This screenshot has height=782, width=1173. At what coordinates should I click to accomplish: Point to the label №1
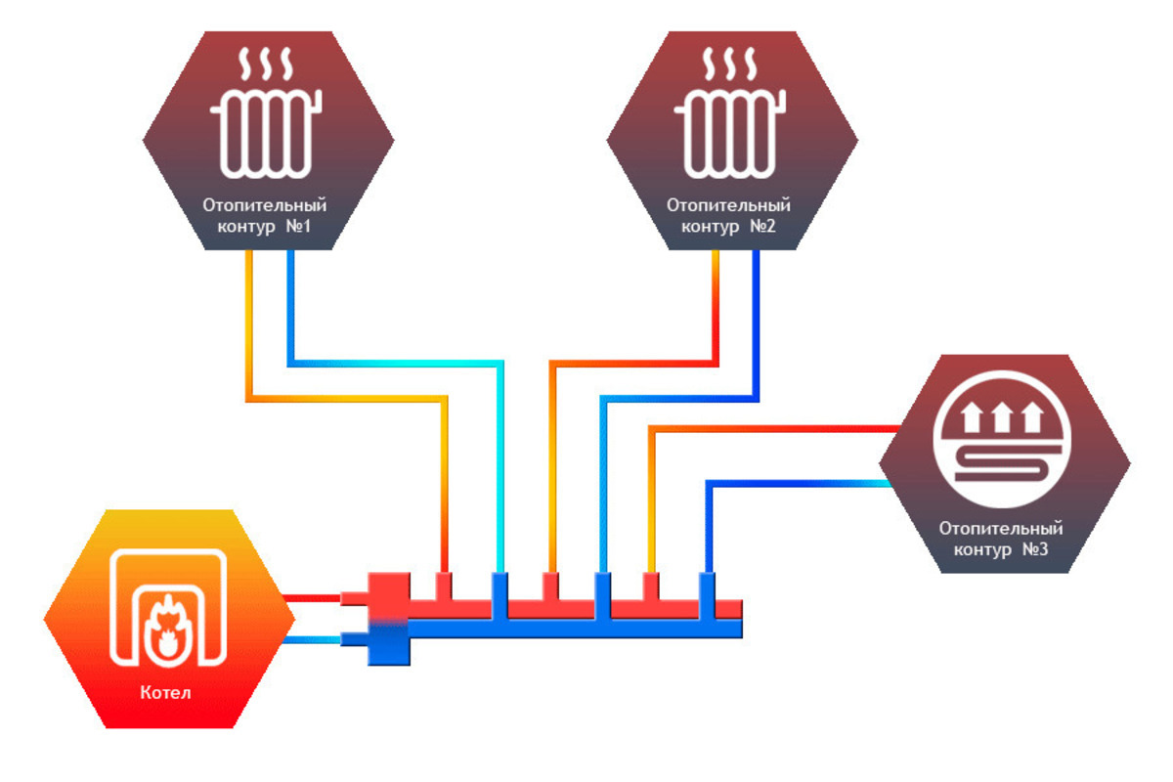298,228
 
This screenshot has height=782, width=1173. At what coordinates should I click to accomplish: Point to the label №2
762,228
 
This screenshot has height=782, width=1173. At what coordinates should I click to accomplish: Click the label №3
1035,549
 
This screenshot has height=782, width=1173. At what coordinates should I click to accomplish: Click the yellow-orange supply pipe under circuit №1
249,323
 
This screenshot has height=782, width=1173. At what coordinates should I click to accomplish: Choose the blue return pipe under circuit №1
290,313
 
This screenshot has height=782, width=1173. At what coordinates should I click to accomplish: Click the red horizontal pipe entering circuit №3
782,428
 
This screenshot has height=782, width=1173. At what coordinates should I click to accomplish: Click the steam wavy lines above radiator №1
266,65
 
